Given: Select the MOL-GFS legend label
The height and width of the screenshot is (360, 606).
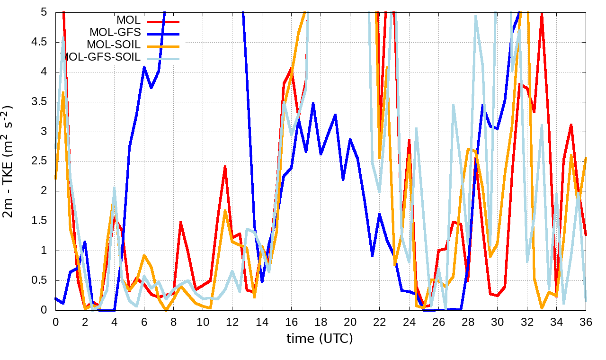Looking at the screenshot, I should (115, 33).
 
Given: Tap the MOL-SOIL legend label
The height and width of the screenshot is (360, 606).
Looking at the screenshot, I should (114, 45).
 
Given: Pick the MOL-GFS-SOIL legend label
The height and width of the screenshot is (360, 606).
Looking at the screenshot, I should (102, 57).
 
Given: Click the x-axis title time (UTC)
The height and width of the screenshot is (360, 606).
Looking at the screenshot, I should (320, 339).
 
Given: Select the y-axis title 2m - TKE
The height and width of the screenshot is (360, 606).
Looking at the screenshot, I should (9, 162).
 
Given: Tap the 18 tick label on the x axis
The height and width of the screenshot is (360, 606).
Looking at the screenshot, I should (321, 322).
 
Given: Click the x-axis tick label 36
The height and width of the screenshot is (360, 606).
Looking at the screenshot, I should (586, 322).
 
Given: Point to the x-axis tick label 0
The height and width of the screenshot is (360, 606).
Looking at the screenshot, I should (55, 322).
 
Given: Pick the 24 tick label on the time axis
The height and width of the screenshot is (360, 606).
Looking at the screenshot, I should (409, 322).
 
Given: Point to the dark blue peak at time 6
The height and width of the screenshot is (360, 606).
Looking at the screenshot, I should (144, 67).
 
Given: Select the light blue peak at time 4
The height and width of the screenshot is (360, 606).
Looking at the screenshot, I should (115, 188).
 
